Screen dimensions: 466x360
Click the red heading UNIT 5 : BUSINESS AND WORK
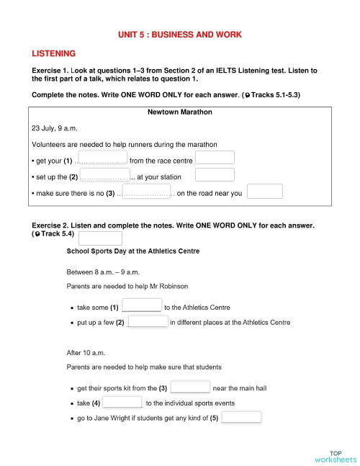click(180, 35)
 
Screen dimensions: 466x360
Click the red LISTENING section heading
click(54, 53)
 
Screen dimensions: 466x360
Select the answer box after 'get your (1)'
click(102, 158)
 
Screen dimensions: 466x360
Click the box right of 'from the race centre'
click(215, 158)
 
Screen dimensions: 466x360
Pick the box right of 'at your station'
click(215, 175)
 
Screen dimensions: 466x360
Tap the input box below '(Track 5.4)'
click(100, 238)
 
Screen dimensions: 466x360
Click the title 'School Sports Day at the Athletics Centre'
click(133, 251)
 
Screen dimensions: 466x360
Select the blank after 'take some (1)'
click(142, 305)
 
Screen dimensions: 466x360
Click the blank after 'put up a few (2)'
click(148, 321)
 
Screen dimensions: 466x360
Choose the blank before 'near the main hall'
click(191, 387)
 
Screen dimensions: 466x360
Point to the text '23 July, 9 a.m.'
click(56, 128)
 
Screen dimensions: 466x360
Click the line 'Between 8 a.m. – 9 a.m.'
click(103, 272)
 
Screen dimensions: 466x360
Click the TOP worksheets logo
click(335, 456)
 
